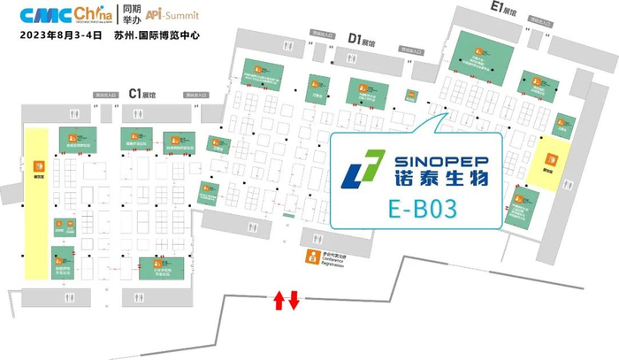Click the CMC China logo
point(55,17)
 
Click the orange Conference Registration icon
point(309,257)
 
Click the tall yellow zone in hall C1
point(36,203)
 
